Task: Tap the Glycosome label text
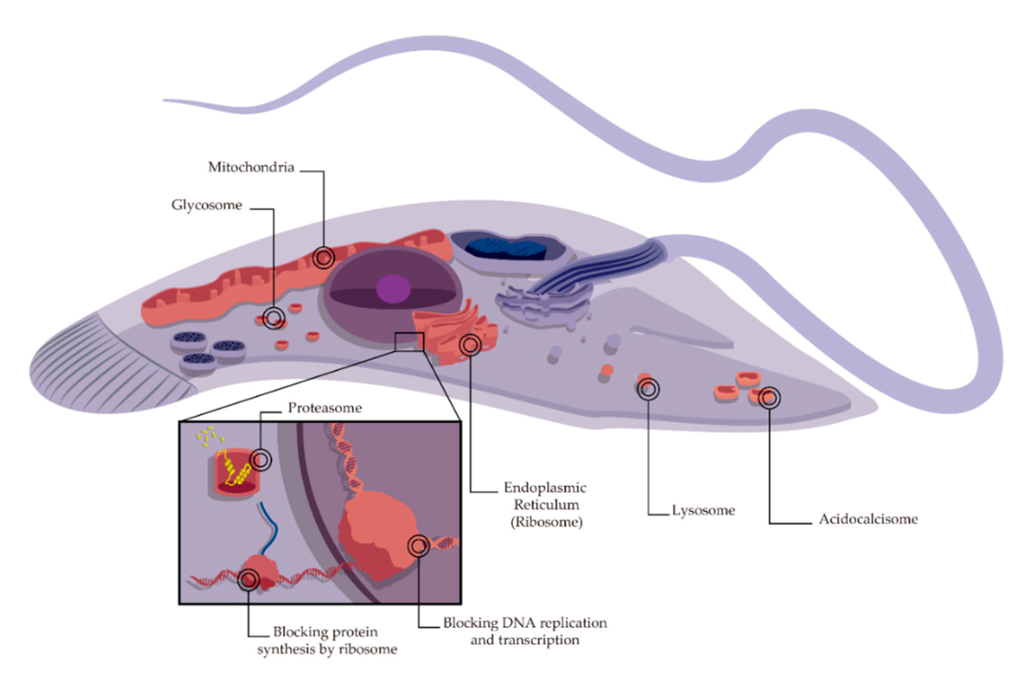[207, 205]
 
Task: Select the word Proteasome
[325, 408]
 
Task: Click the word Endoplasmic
[545, 488]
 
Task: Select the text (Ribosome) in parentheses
[547, 522]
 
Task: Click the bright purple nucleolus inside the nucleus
[393, 289]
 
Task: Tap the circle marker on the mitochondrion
[324, 258]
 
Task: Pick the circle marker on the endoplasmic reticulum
[470, 345]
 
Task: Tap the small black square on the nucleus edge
[409, 342]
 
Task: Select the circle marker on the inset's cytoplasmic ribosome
[248, 580]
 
